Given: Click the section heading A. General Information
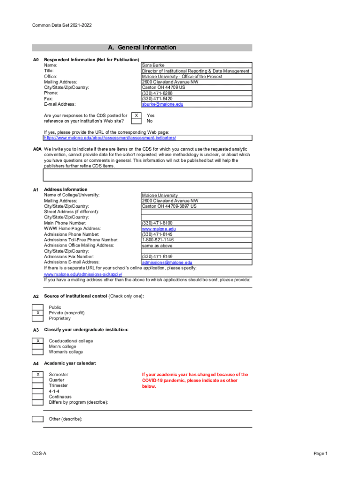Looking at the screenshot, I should coord(142,47).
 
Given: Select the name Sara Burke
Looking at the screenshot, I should coord(153,65).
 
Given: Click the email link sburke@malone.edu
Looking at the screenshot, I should coord(163,104).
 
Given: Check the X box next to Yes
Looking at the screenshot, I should coord(136,115).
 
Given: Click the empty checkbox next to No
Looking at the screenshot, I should coord(136,121).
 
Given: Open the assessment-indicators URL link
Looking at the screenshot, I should coord(110,138).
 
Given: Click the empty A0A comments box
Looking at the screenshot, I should coord(148,175).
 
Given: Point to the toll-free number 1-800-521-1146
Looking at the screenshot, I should coord(158,240).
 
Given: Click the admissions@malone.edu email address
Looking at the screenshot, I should coord(167,262).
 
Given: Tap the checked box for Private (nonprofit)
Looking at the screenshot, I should coord(37,313).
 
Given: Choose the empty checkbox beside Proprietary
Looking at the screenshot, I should coord(37,319).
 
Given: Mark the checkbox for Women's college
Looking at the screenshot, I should coord(37,352).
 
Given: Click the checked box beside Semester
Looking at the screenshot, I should coord(37,375).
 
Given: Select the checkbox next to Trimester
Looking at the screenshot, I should coord(37,386).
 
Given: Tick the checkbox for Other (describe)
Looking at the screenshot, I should coord(37,419).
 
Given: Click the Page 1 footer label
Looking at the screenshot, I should coord(321,454).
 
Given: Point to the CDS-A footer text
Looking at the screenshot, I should coord(39,454).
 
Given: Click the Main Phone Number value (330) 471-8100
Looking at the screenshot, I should coord(157,223).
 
